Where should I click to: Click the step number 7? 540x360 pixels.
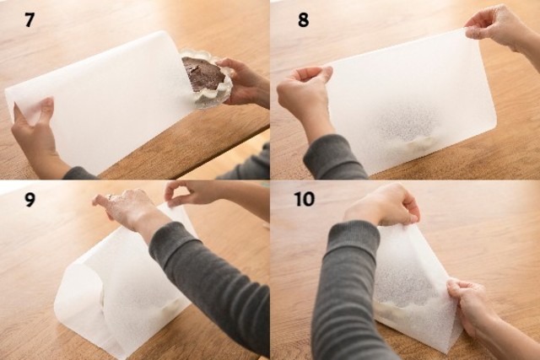pos(30,19)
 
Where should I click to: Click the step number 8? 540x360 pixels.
pos(303,19)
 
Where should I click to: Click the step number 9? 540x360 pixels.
pos(30,199)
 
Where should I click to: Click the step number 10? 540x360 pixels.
pos(305,199)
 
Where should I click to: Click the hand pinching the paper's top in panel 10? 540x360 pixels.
pos(382,205)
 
